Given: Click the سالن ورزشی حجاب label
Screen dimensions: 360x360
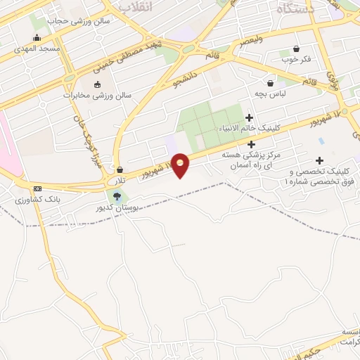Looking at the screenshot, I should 71,20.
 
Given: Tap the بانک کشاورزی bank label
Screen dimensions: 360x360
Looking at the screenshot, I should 39,200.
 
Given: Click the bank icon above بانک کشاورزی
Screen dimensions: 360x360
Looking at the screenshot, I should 37,188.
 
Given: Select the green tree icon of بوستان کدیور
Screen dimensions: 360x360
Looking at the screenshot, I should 116,196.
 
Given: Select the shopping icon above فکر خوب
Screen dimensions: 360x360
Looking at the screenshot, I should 296,49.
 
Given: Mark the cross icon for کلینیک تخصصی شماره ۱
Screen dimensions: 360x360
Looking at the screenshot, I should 321,160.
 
